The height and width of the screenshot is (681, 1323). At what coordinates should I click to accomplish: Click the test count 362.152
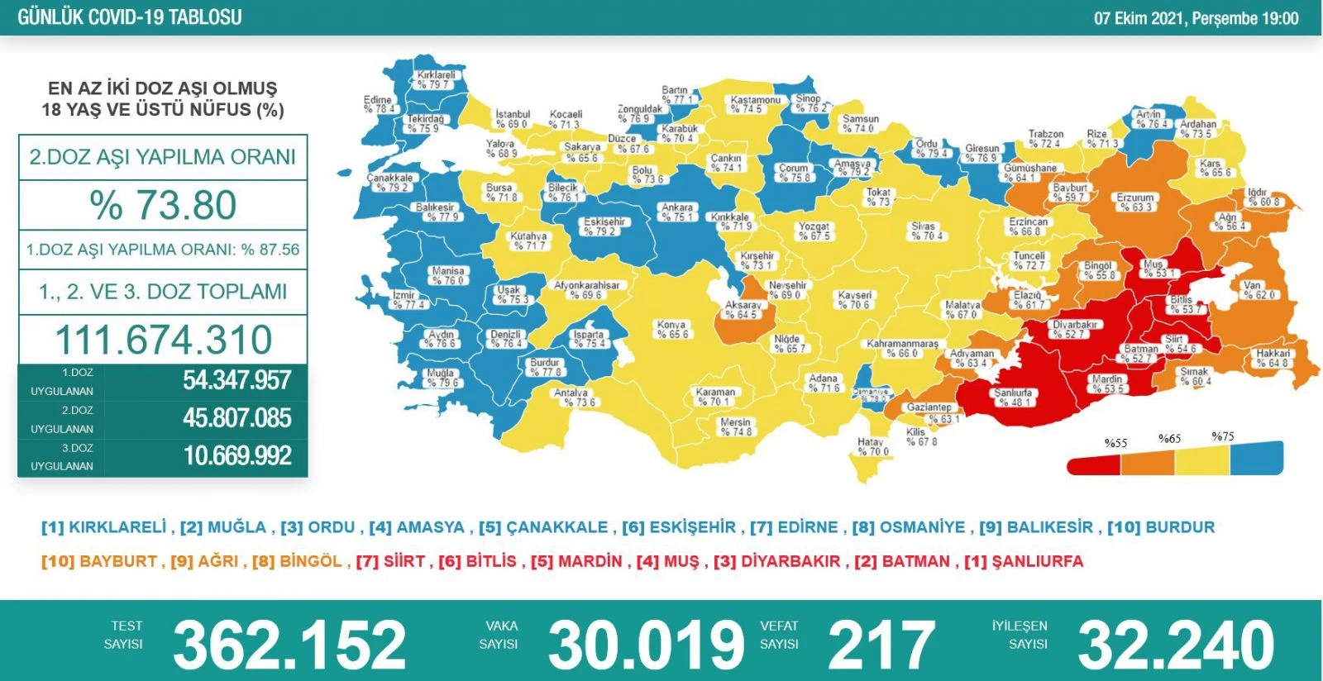tap(289, 645)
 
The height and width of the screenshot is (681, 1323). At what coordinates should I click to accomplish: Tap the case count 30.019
tap(646, 645)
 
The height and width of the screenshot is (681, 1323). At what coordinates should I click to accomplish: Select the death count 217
tap(881, 645)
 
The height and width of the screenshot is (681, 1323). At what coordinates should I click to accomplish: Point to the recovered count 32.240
tap(1176, 645)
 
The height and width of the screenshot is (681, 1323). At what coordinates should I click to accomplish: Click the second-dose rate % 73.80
tap(163, 205)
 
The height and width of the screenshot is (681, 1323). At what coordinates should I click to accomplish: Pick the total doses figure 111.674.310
tap(163, 340)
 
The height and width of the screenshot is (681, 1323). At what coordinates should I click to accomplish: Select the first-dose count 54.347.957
tap(236, 380)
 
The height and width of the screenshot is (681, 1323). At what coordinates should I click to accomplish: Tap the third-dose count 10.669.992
tap(236, 455)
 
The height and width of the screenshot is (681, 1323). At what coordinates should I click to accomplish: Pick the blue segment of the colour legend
tap(1257, 459)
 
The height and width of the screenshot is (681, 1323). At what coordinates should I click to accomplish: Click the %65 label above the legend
tap(1169, 439)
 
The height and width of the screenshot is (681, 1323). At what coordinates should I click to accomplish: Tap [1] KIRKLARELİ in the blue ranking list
tap(103, 527)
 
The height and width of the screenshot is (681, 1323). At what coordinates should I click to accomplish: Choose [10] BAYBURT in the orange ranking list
tap(98, 561)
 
